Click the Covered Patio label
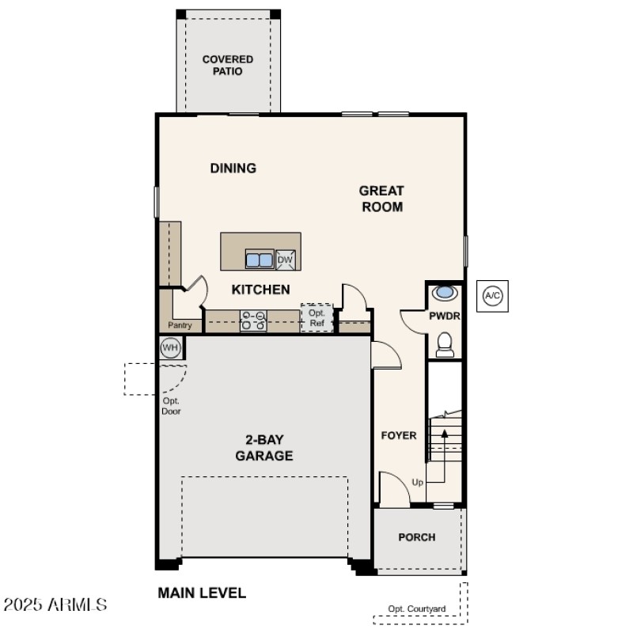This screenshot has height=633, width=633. click(228, 65)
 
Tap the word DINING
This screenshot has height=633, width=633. click(233, 168)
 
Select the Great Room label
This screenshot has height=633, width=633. click(381, 199)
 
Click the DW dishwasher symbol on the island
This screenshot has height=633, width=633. click(286, 260)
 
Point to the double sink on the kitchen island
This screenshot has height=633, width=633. click(259, 260)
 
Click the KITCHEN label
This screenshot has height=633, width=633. click(260, 290)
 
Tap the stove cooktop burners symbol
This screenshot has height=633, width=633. click(253, 320)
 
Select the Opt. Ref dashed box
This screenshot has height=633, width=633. click(316, 318)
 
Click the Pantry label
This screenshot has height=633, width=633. click(180, 325)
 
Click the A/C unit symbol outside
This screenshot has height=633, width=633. click(492, 296)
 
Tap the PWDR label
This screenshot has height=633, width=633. click(445, 316)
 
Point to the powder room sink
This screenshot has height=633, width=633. click(445, 292)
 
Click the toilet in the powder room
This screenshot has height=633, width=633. click(445, 344)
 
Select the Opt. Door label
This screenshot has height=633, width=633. click(171, 406)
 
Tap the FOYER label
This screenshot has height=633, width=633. click(399, 435)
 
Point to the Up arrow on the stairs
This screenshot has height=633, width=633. click(444, 451)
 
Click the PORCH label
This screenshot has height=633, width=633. click(416, 537)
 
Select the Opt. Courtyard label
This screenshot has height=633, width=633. click(417, 608)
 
